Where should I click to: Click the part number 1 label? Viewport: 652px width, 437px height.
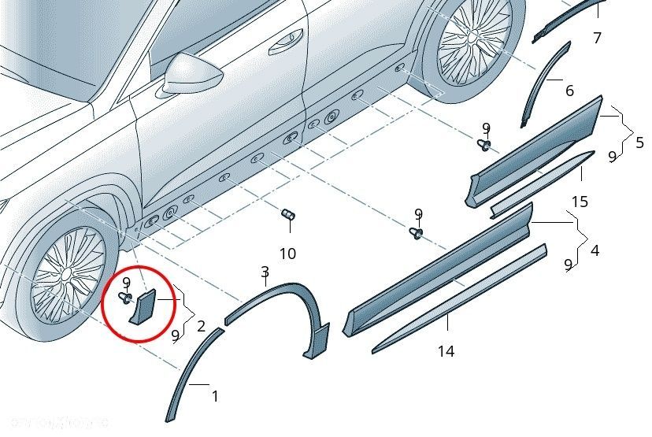pos(216,396)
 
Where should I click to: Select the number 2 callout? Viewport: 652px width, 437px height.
pos(202,324)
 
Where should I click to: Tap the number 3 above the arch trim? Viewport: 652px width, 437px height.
pos(265,272)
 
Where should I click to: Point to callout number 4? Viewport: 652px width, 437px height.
pos(595,250)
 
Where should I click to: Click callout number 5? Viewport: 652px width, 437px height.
pos(639,143)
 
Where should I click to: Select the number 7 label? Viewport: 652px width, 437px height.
pos(597,38)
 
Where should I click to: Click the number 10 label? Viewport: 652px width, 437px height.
pos(287,254)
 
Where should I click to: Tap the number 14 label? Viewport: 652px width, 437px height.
pos(446,351)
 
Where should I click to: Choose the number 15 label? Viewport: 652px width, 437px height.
pos(579,202)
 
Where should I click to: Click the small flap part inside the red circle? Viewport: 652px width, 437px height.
pos(145,306)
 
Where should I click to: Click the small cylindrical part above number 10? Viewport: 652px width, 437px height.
pos(288,214)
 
